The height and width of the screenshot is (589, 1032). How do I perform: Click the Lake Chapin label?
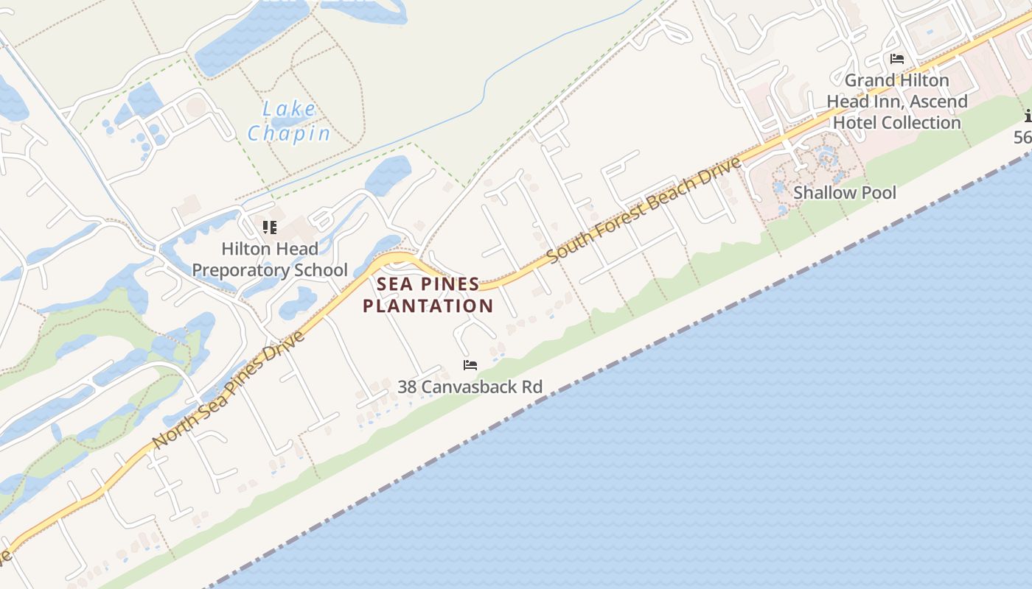click(289, 121)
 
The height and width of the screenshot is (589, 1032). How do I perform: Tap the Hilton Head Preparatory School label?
click(270, 260)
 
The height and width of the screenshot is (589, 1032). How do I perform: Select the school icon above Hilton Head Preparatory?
click(270, 227)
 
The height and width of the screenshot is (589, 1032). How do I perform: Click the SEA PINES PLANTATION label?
click(428, 294)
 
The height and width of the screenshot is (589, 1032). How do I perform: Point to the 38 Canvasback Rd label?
click(470, 387)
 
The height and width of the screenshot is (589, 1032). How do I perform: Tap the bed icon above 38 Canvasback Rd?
click(470, 365)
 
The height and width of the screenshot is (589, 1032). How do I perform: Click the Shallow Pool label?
click(845, 193)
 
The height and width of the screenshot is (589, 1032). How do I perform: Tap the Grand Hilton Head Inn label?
click(897, 101)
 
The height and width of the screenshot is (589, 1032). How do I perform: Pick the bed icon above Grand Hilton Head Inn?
click(897, 59)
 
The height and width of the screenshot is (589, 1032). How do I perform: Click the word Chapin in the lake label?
click(289, 133)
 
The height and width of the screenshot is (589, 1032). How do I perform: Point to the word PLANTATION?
click(428, 306)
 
